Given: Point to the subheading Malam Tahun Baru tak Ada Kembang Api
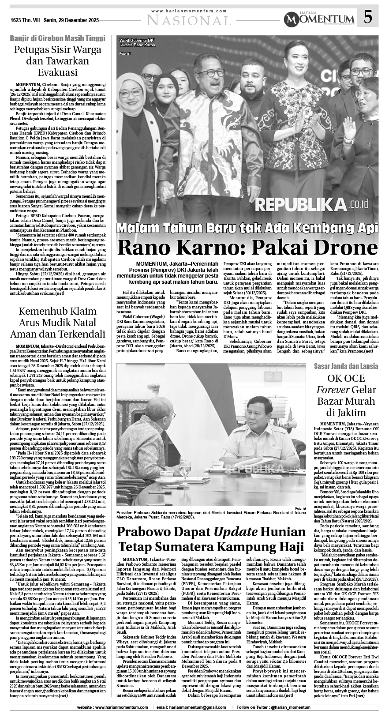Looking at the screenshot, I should pyautogui.click(x=248, y=228).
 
